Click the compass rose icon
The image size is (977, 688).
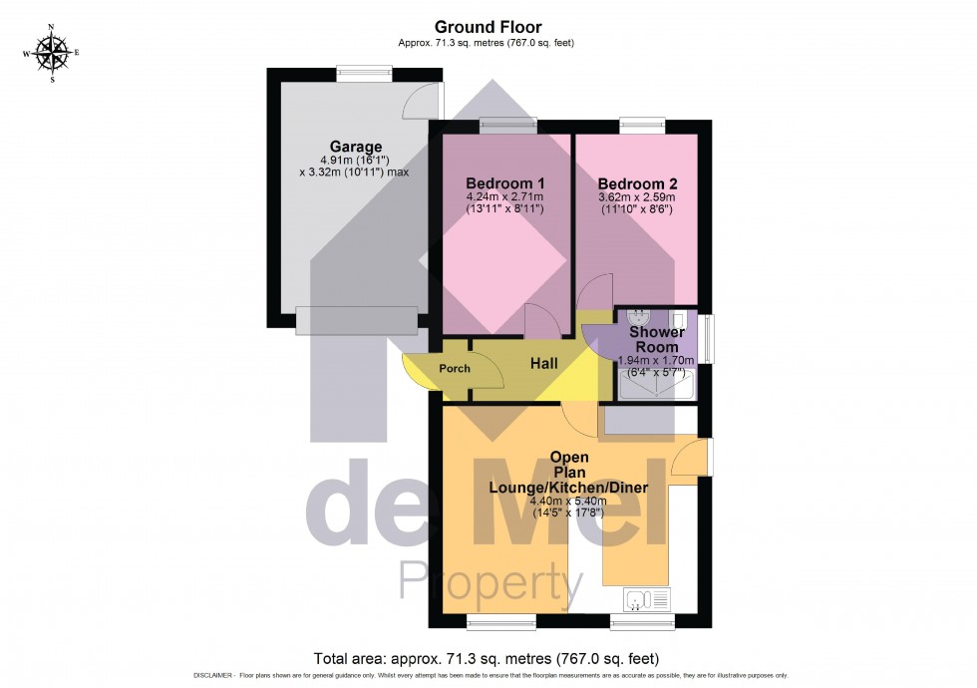coord(51,52)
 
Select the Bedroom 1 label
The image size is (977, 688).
coord(505,183)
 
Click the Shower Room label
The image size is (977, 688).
coord(656,339)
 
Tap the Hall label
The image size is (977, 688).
coord(543,364)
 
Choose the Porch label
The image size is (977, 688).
coord(455,369)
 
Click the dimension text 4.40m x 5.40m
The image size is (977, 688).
coord(567,501)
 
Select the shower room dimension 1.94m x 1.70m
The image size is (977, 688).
coord(656,360)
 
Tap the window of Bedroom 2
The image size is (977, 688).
coord(642,124)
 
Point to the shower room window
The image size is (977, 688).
coord(707,339)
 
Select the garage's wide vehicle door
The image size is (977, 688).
coord(357,319)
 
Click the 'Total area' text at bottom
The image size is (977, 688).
coord(487,658)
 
